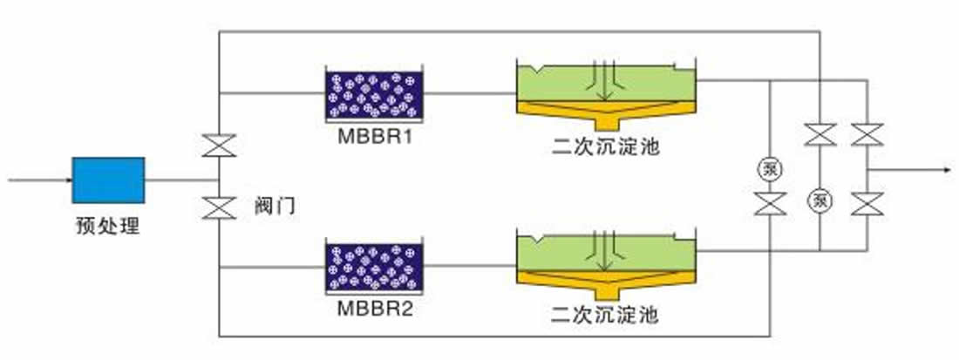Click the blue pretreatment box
108,180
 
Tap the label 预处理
107,226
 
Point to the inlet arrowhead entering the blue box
68,180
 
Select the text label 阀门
275,206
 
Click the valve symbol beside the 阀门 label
219,207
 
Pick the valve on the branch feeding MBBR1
219,146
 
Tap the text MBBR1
375,136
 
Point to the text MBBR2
375,308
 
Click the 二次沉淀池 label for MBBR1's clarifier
606,146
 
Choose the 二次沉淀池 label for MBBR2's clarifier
606,316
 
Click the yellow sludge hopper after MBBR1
606,114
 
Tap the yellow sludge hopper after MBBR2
606,284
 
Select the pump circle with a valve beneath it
770,169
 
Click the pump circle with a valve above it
820,200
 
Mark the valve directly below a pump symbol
770,203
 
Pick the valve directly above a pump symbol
820,134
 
